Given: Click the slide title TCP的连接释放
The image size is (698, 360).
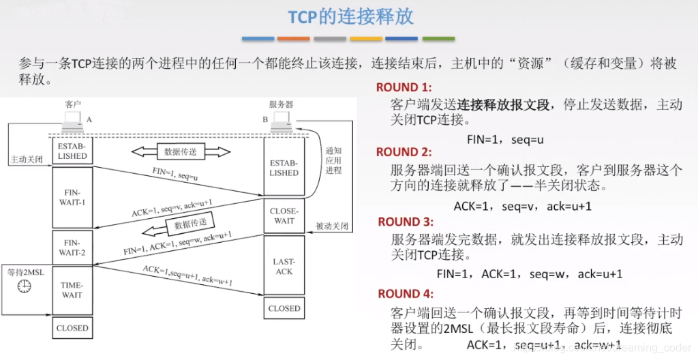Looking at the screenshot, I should (350, 16).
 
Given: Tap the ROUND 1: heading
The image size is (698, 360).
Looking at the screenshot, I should (404, 87).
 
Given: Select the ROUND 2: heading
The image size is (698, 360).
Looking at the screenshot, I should (404, 152).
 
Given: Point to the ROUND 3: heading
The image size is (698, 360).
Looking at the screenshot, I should (406, 222).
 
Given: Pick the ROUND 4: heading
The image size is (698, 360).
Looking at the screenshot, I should (406, 294).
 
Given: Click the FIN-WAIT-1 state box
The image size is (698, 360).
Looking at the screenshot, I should (72, 197).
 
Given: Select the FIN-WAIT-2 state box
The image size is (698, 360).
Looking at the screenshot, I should (72, 247).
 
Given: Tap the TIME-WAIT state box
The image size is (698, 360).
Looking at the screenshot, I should (72, 290).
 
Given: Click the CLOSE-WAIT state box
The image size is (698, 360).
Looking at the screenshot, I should (284, 215).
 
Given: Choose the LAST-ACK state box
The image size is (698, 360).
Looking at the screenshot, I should (284, 266).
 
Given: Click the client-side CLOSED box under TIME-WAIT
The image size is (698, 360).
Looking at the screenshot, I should (72, 328).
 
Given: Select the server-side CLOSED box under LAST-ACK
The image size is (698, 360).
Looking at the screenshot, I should (284, 308).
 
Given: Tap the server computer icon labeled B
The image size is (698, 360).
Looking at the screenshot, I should (281, 122).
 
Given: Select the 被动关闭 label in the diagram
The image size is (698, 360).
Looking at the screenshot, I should (333, 226).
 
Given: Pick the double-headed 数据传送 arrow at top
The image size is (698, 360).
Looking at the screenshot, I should (181, 151).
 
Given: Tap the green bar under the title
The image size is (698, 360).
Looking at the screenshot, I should (438, 39).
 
